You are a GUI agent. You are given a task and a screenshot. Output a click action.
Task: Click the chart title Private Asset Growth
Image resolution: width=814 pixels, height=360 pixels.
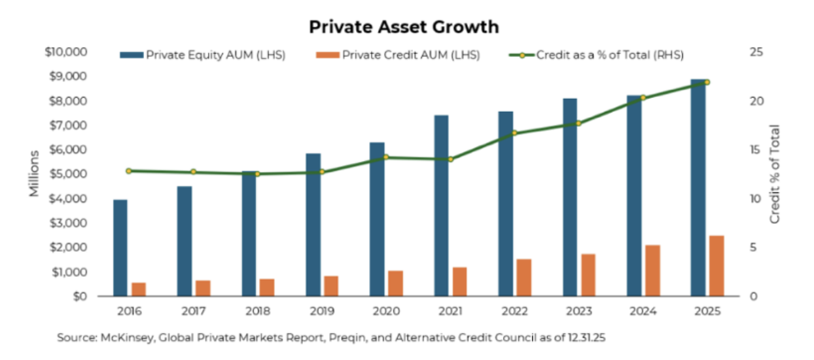404,26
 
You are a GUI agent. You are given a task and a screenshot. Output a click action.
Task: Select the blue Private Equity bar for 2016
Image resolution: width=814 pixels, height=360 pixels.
120,248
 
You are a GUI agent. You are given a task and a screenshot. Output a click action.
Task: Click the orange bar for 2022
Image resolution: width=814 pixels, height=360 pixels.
524,278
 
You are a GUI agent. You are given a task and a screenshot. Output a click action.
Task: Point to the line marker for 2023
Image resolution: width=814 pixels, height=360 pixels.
579,123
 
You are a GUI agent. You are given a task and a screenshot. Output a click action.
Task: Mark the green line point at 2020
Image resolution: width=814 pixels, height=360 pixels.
386,157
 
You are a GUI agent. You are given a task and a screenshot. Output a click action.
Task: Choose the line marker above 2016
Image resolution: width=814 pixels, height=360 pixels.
128,171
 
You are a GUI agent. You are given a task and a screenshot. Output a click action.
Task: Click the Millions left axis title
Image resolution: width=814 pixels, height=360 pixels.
34,175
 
